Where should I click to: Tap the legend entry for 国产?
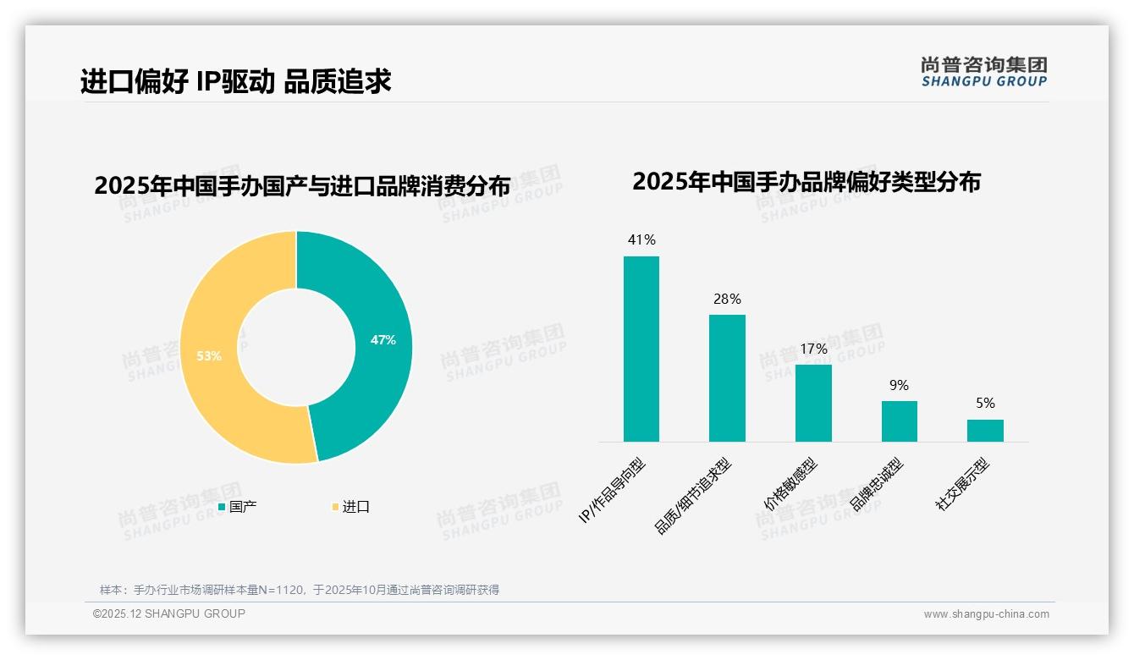click(x=238, y=507)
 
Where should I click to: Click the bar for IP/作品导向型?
click(x=641, y=349)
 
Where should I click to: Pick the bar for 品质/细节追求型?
click(x=727, y=378)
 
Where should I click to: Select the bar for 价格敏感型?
click(x=813, y=403)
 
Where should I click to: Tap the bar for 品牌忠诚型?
click(x=899, y=421)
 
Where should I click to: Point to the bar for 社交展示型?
click(x=985, y=430)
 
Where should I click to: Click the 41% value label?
click(x=641, y=239)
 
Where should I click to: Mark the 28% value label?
click(x=727, y=299)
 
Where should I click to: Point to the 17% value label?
click(x=813, y=349)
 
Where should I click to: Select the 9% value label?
click(x=899, y=385)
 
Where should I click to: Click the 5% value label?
click(x=985, y=403)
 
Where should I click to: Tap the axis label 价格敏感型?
click(x=790, y=485)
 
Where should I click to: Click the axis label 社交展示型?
click(x=961, y=485)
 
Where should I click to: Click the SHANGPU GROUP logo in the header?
click(x=983, y=72)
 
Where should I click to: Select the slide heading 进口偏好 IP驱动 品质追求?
click(x=236, y=81)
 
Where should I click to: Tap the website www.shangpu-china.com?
click(x=986, y=614)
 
